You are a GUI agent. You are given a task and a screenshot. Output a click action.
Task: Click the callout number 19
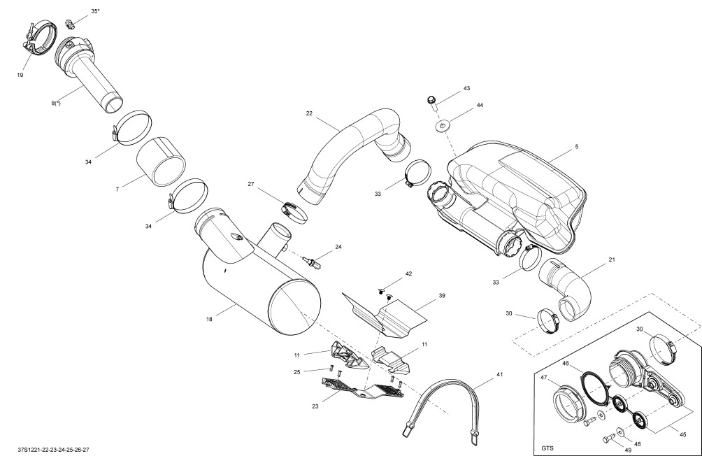(x=20, y=75)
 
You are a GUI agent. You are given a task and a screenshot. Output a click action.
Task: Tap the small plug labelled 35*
(x=69, y=22)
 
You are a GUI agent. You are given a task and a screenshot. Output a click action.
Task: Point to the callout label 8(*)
(x=55, y=103)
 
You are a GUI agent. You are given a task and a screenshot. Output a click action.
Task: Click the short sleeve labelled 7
(x=162, y=162)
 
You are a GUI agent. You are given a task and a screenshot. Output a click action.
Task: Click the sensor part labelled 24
(x=312, y=262)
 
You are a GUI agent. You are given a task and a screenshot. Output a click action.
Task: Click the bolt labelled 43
(x=432, y=103)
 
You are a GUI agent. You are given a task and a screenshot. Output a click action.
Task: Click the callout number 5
(x=577, y=146)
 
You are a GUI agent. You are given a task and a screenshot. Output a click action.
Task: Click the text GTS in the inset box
(x=547, y=448)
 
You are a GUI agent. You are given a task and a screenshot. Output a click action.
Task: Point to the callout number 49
(x=628, y=450)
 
